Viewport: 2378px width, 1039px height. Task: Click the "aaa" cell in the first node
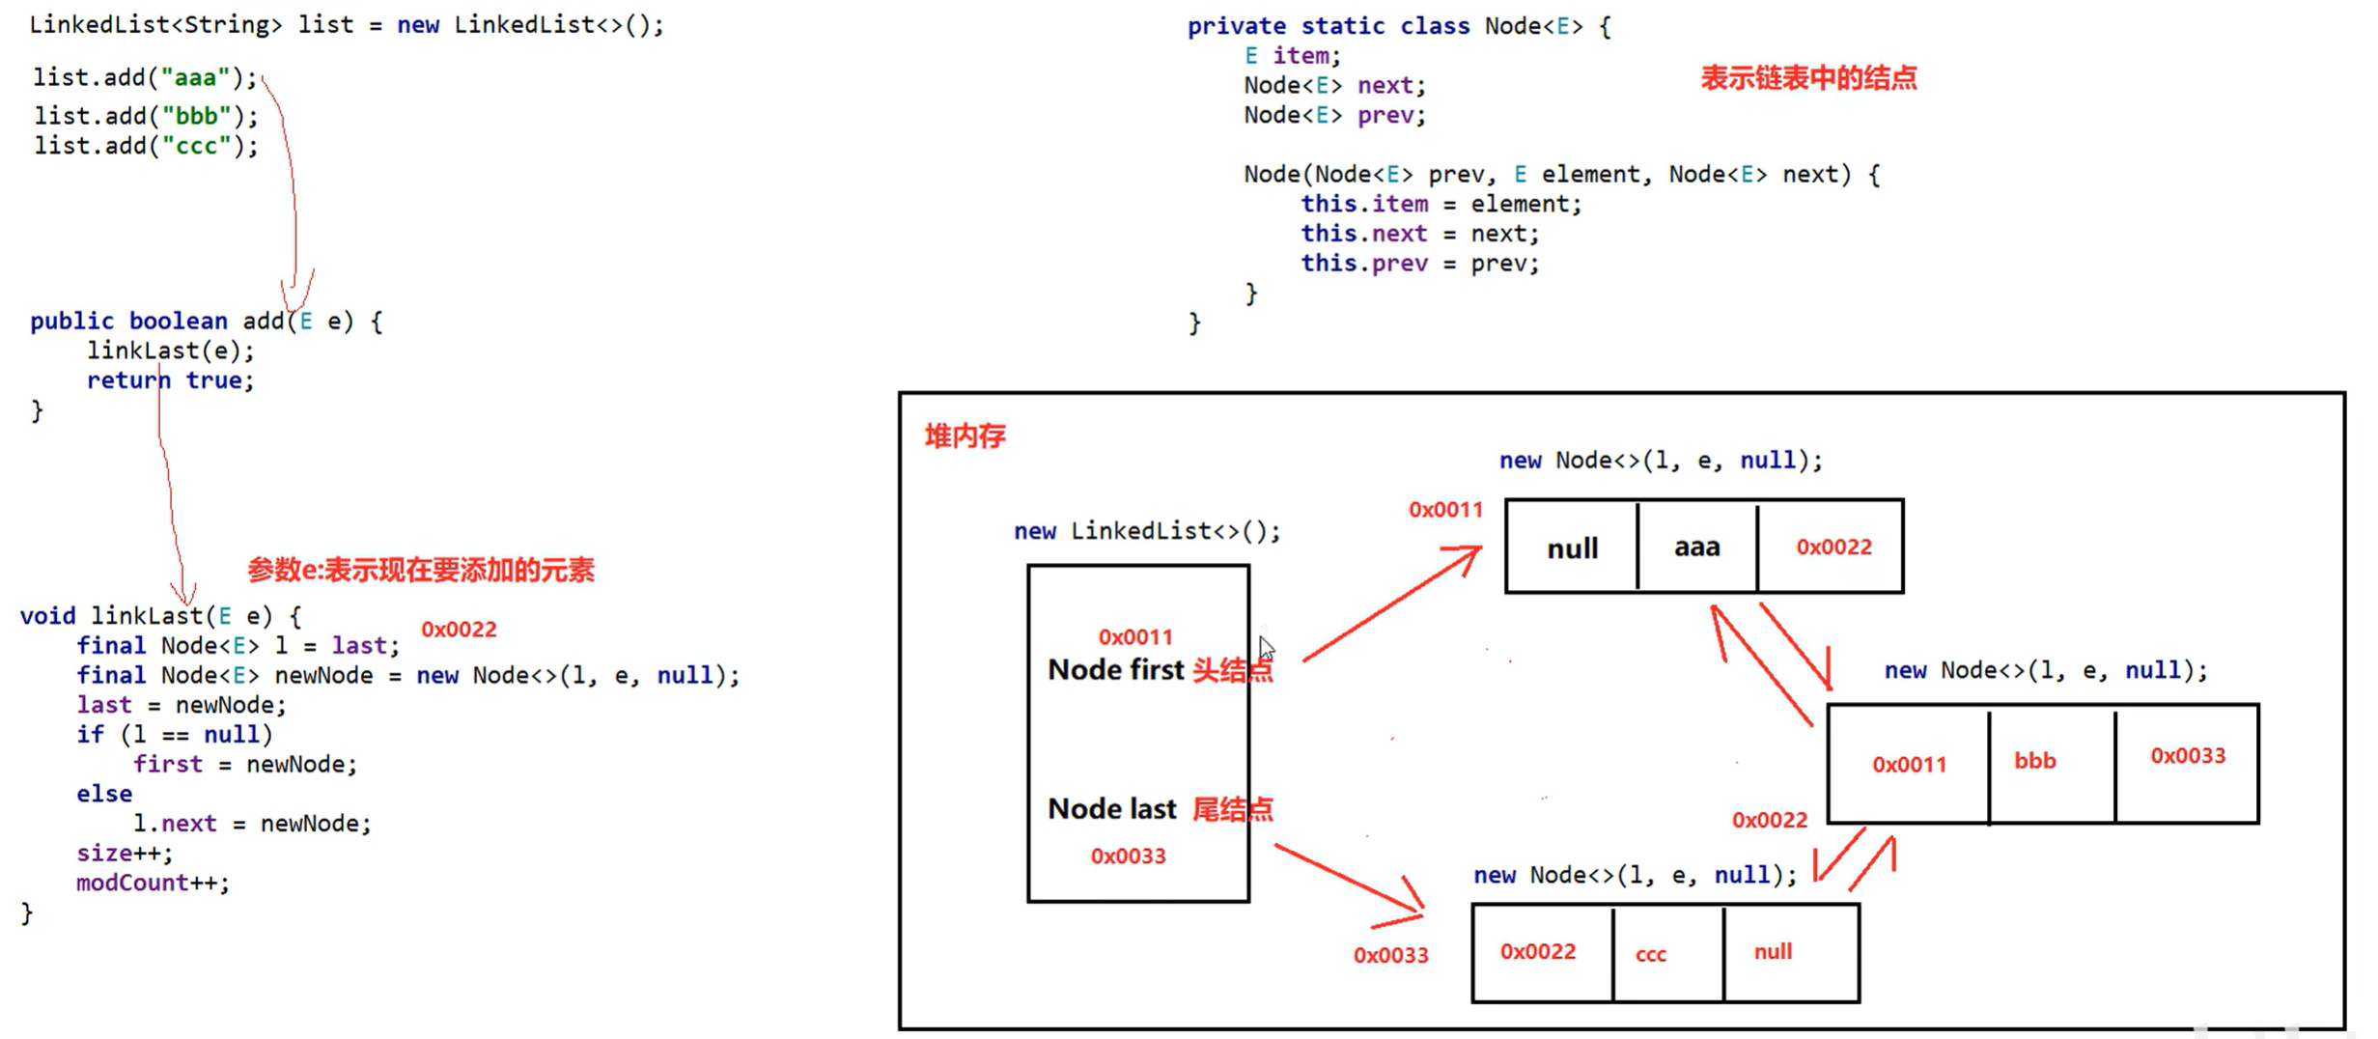[x=1696, y=548]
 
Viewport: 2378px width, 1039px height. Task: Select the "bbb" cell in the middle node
[x=2034, y=761]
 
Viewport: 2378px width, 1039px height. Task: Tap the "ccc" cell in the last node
[x=1650, y=954]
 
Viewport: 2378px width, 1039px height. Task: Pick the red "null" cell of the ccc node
[x=1773, y=951]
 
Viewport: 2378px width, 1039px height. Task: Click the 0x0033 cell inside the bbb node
[x=2187, y=755]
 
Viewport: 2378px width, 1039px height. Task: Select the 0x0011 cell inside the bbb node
[x=1909, y=764]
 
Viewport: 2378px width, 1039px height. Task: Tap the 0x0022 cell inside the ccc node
[x=1537, y=951]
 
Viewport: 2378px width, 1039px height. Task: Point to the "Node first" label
[x=1115, y=669]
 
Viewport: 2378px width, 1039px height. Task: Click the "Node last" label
[x=1111, y=808]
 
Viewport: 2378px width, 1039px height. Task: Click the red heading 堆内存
[x=965, y=436]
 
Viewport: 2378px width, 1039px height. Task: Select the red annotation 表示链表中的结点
[x=1807, y=78]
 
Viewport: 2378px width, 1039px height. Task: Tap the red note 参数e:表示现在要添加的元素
[x=420, y=570]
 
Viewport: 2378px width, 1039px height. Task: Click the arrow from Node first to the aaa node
[x=1390, y=604]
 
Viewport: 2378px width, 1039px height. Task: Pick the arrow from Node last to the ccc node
[x=1350, y=879]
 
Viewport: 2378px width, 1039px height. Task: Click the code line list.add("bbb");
[x=147, y=116]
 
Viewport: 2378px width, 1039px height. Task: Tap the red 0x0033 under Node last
[x=1128, y=856]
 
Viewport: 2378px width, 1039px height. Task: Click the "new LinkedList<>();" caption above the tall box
[x=1146, y=531]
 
